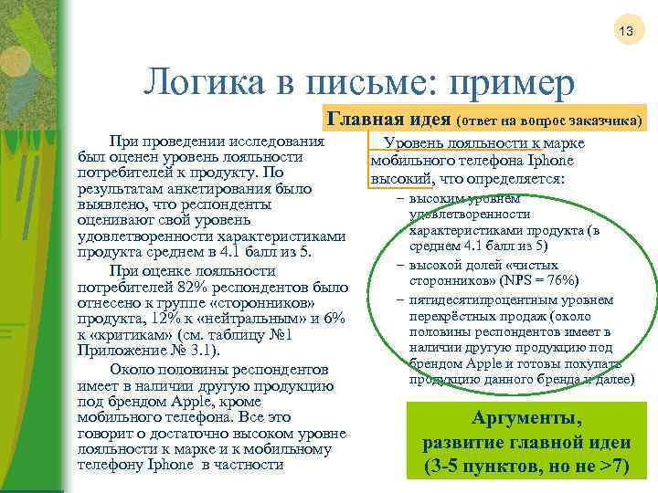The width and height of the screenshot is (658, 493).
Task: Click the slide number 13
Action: (626, 32)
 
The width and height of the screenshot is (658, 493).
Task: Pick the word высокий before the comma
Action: (398, 178)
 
